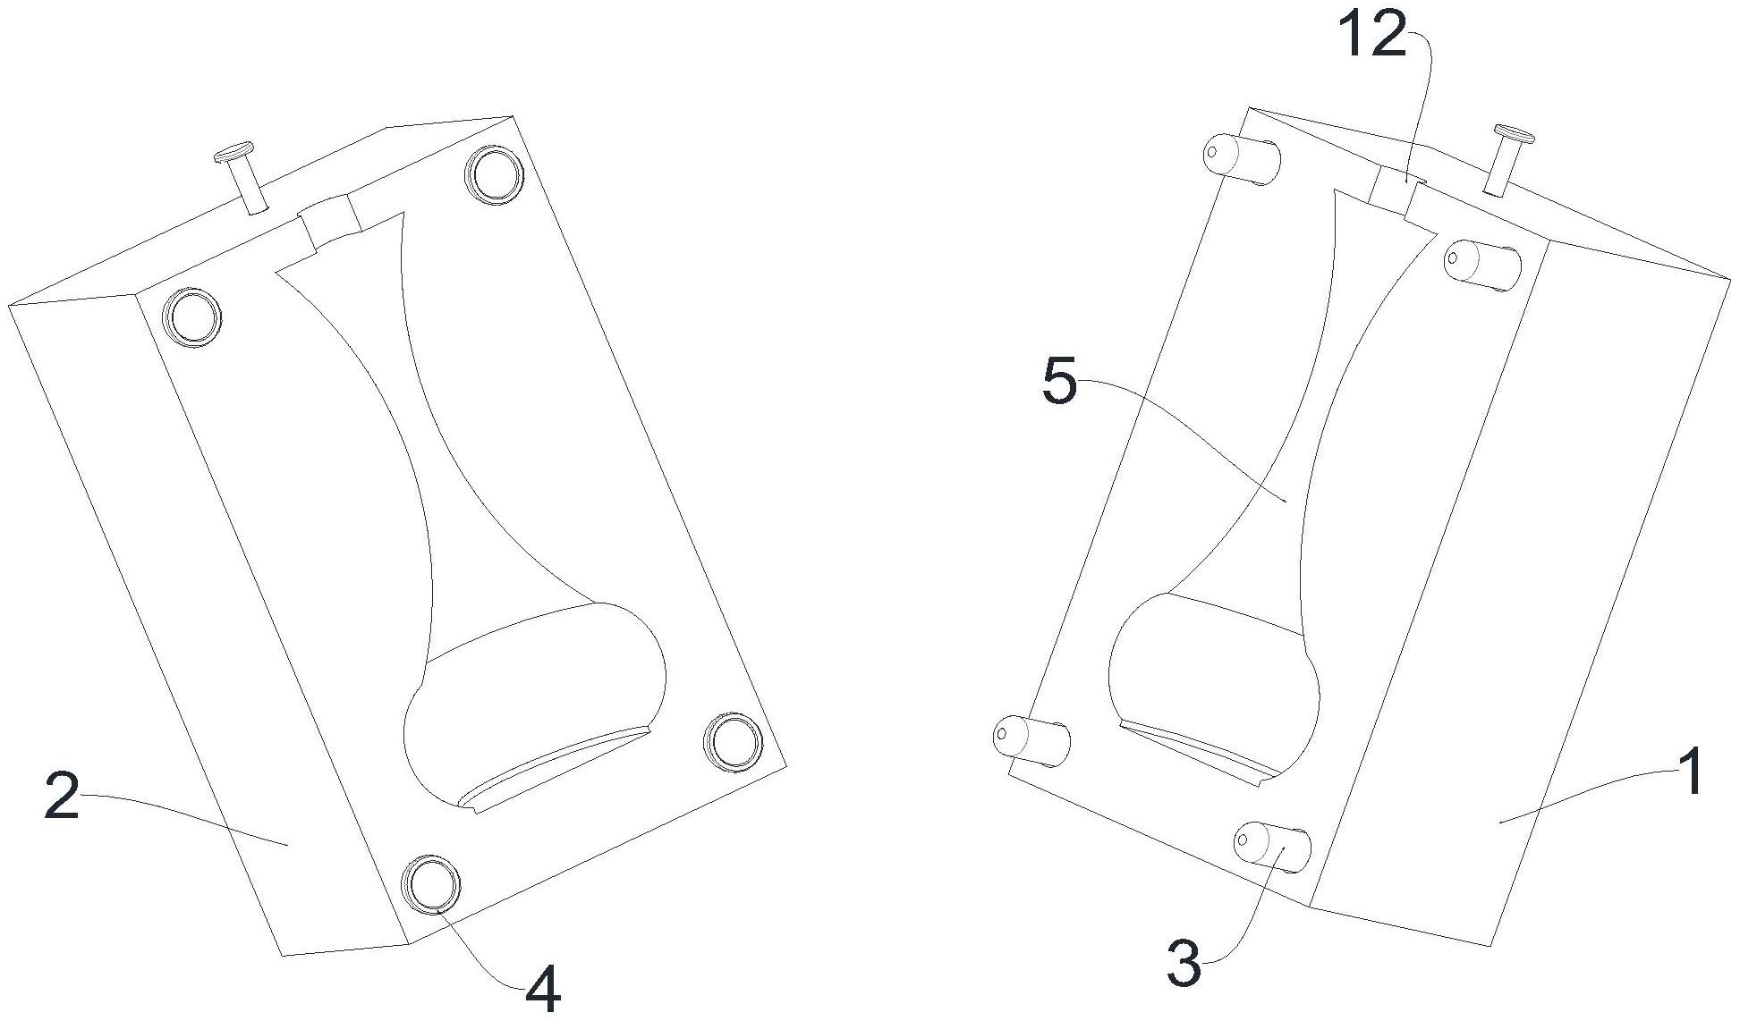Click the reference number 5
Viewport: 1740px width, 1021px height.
click(1060, 383)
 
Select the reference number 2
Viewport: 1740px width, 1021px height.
click(62, 797)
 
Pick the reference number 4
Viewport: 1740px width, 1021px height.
click(542, 991)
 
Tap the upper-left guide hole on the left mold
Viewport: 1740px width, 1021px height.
click(191, 316)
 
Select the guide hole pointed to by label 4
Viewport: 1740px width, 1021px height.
click(433, 884)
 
